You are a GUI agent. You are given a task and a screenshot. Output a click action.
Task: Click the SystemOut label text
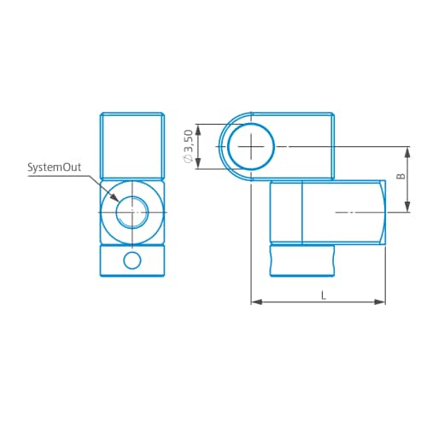[54, 167]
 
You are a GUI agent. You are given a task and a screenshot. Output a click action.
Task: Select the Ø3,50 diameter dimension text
[189, 146]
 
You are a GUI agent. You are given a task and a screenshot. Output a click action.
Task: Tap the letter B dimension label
[401, 176]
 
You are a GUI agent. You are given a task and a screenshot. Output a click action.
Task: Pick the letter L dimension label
[324, 295]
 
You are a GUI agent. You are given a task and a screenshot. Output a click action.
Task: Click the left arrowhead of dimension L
[256, 302]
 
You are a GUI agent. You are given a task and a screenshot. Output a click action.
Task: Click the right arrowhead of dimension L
[380, 302]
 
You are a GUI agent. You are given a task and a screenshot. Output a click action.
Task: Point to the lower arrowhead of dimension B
[407, 207]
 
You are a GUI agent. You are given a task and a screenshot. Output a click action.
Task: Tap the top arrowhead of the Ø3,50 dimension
[198, 130]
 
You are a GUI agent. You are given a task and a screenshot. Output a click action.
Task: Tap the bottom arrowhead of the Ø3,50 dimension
[198, 163]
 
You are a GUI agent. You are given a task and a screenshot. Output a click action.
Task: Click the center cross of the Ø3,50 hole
[251, 147]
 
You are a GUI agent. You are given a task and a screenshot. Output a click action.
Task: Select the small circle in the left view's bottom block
[132, 260]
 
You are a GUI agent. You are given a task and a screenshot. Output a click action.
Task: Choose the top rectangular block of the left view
[132, 146]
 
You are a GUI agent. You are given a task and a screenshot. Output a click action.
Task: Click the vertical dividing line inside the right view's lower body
[301, 213]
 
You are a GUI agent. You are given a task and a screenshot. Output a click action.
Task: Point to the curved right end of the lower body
[383, 213]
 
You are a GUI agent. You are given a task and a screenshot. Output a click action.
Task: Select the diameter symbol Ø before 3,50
[189, 159]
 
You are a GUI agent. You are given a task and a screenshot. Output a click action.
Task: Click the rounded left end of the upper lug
[219, 146]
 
